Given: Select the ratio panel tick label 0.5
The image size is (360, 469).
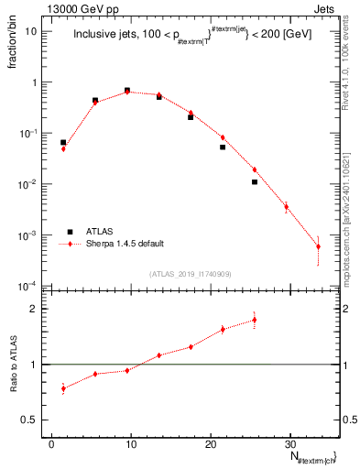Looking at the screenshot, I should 34,420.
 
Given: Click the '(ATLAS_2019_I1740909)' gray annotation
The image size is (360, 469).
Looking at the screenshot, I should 190,273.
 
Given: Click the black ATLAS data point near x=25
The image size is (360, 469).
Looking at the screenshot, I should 255,182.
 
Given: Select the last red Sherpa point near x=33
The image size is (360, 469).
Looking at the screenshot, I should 318,246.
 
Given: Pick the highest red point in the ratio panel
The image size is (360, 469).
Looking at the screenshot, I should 255,320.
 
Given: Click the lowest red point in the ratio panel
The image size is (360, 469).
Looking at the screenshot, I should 63,388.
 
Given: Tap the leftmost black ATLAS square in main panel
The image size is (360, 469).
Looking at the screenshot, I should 63,143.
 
